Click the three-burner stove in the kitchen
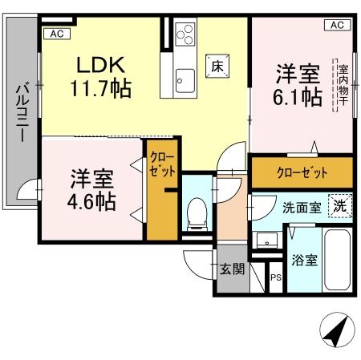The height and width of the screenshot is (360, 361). [185, 35]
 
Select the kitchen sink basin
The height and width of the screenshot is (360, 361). [184, 80]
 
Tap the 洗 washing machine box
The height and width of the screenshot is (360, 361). [340, 205]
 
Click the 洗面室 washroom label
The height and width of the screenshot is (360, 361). [302, 207]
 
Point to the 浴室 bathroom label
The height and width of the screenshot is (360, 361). [303, 260]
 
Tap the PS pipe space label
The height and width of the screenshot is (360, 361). [275, 278]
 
